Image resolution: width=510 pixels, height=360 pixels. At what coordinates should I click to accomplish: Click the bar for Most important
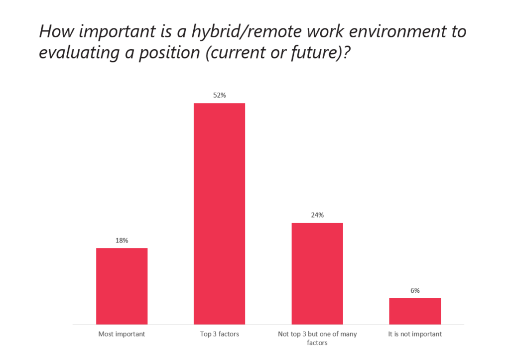point(122,286)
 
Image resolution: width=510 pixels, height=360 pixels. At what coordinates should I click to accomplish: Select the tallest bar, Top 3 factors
point(219,214)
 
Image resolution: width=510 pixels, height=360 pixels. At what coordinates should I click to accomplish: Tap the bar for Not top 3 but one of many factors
point(317,273)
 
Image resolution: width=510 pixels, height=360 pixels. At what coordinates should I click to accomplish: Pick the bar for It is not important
point(415,311)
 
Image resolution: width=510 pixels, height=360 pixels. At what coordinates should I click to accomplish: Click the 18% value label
point(122,240)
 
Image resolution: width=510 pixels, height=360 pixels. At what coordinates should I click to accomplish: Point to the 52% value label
point(220,95)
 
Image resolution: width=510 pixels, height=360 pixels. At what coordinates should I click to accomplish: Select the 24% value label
point(317,215)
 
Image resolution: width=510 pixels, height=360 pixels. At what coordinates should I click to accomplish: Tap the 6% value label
point(415,290)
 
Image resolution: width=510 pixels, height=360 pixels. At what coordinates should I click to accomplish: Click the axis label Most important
point(122,334)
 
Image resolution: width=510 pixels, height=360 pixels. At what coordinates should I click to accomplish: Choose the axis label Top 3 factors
point(220,334)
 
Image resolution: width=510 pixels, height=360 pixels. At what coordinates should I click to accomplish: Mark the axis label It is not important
point(415,334)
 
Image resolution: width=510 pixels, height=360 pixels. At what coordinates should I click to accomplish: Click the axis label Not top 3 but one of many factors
point(317,338)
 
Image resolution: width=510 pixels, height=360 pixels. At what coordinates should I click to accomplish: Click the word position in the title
point(169,53)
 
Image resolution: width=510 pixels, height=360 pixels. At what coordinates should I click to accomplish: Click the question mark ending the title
point(347,52)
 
